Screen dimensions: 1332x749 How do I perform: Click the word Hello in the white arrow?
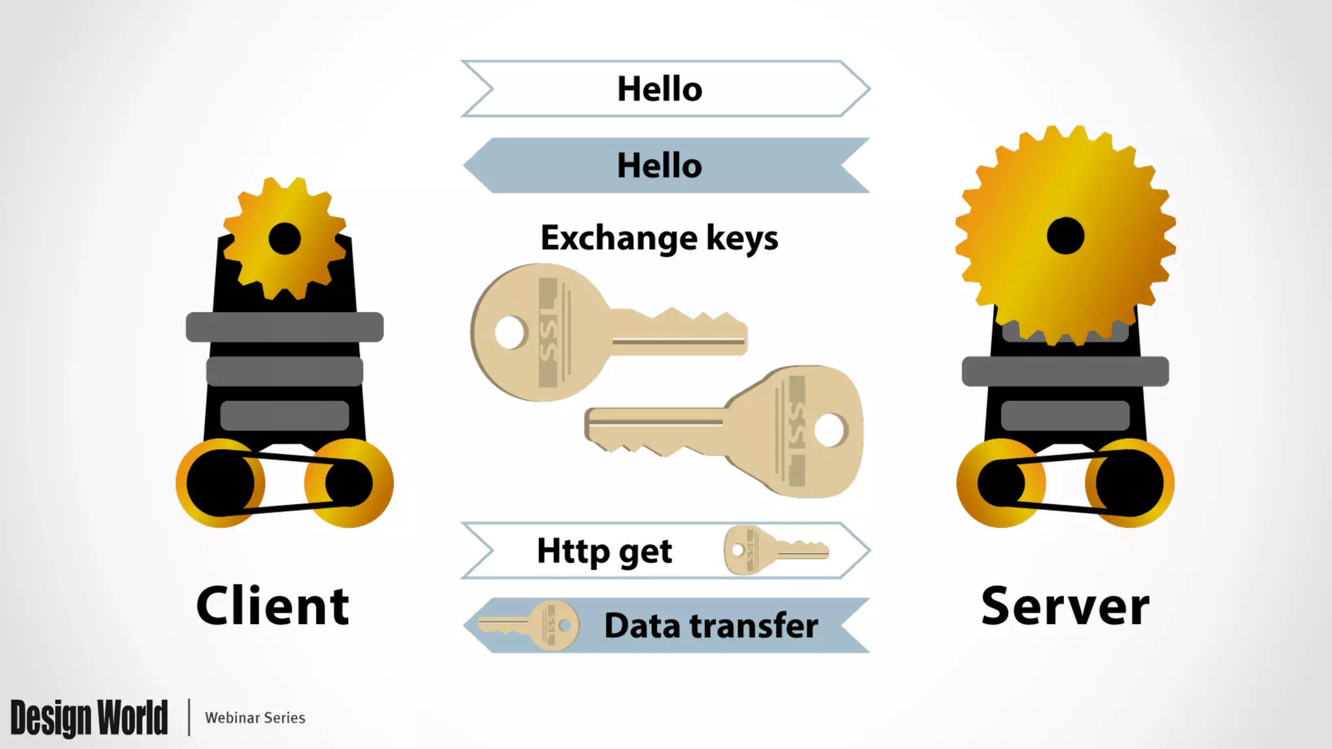coord(659,89)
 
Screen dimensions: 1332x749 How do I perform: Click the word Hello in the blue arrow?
coord(659,166)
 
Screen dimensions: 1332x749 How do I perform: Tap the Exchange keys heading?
coord(659,238)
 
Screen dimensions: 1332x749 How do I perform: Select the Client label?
coord(273,606)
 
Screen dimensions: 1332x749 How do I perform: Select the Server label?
coord(1065,606)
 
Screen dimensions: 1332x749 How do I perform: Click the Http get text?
coord(604,551)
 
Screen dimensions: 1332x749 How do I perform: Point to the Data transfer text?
coord(711,625)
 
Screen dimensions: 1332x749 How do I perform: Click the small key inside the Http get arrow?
coord(774,551)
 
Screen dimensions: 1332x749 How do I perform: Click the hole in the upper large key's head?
coord(510,332)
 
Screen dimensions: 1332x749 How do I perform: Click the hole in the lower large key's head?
coord(829,430)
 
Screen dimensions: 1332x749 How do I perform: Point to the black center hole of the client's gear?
coord(284,239)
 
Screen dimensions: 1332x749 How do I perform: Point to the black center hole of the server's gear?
coord(1065,235)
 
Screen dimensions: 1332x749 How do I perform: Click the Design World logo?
coord(89,718)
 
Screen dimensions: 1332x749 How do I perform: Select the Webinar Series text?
coord(255,718)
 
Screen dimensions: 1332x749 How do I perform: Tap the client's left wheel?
coord(220,483)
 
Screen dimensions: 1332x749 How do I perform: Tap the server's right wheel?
coord(1130,483)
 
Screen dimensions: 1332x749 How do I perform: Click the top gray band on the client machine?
coord(284,326)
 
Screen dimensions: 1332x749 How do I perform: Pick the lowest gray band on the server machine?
coord(1065,415)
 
